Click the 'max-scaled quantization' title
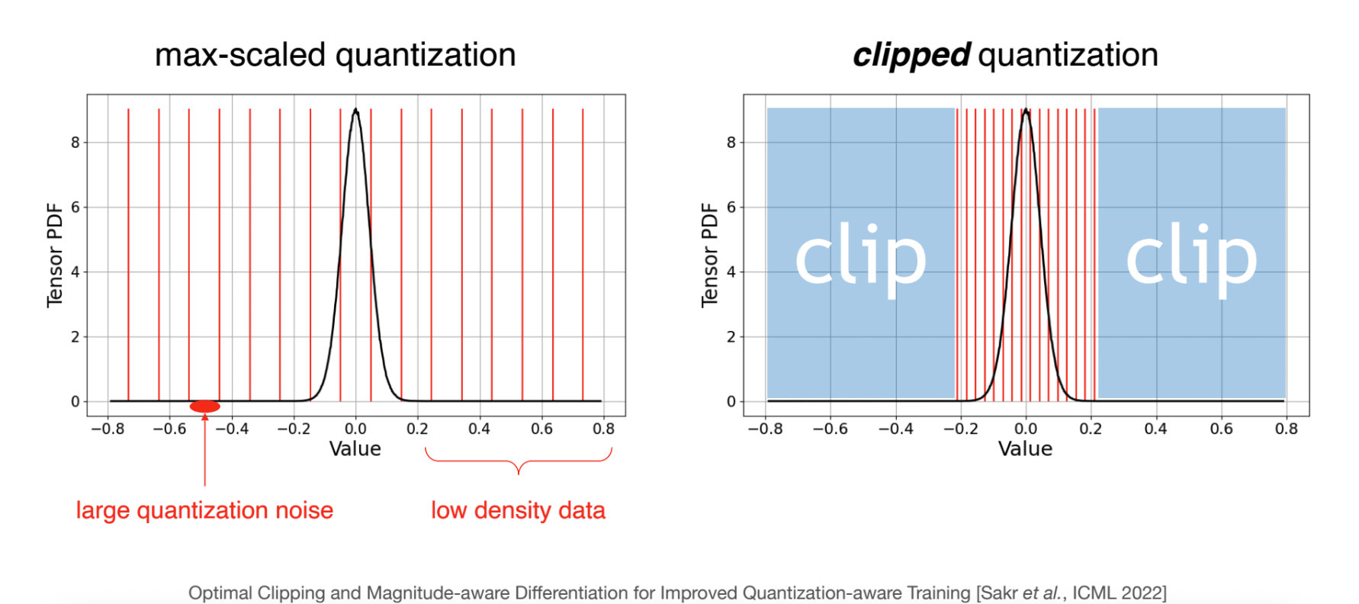[x=335, y=55]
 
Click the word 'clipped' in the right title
[x=911, y=56]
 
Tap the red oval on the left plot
[x=204, y=406]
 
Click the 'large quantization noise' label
[x=204, y=510]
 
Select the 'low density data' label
[x=518, y=510]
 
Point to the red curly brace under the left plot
[x=519, y=461]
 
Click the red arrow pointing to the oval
[x=204, y=450]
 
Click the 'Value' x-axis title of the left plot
[x=355, y=448]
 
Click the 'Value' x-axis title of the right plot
[x=1025, y=448]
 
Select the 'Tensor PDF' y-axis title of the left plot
[x=54, y=255]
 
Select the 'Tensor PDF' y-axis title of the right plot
[x=709, y=255]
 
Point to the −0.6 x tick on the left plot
[x=169, y=429]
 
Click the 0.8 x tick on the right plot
[x=1286, y=429]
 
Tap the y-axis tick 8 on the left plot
[x=75, y=143]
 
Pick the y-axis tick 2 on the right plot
[x=731, y=337]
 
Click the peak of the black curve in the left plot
[x=355, y=111]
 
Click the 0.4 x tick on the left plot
[x=479, y=429]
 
